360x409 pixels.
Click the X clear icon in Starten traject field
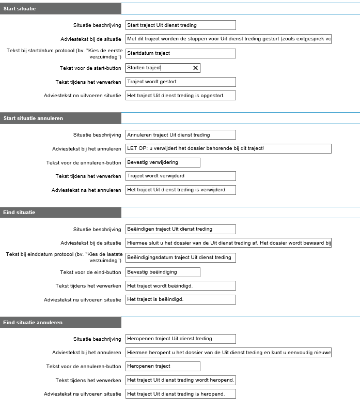click(x=195, y=68)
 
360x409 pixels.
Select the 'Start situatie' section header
click(x=60, y=8)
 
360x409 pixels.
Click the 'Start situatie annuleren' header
click(x=60, y=118)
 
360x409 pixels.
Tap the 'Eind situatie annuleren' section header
click(x=60, y=323)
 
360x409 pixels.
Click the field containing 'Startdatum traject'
click(x=180, y=53)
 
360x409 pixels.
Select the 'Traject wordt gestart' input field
click(x=180, y=82)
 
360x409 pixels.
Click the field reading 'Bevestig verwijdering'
click(x=162, y=162)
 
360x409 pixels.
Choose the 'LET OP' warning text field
click(x=228, y=148)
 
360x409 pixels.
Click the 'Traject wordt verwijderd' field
click(x=180, y=176)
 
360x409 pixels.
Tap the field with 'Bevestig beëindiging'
click(x=162, y=272)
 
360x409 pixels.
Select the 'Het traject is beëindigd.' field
click(x=180, y=299)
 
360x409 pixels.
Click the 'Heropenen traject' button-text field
click(x=162, y=366)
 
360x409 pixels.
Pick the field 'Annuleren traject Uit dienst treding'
click(x=180, y=135)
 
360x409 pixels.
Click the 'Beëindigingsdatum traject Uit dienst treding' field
click(x=180, y=257)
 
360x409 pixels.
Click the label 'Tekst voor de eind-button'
click(x=90, y=272)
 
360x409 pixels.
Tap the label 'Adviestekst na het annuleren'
click(x=86, y=190)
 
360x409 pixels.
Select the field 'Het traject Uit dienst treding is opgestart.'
click(x=180, y=95)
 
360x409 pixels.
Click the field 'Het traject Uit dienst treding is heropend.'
click(x=180, y=394)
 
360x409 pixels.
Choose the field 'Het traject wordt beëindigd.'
click(x=180, y=285)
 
